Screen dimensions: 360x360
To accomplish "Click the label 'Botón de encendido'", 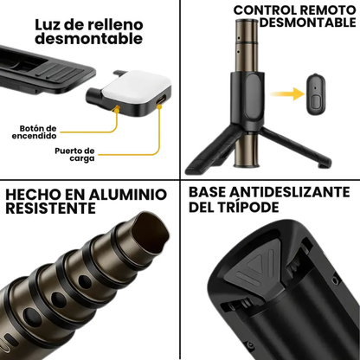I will click(x=35, y=131).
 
